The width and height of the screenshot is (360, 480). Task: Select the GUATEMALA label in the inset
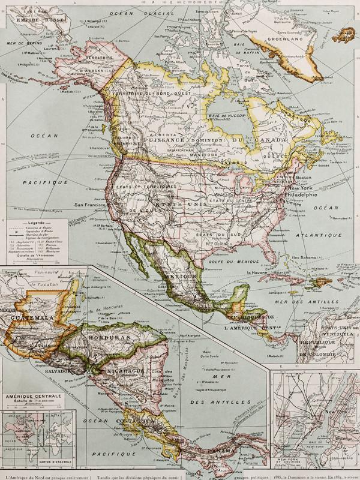click(30, 316)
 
